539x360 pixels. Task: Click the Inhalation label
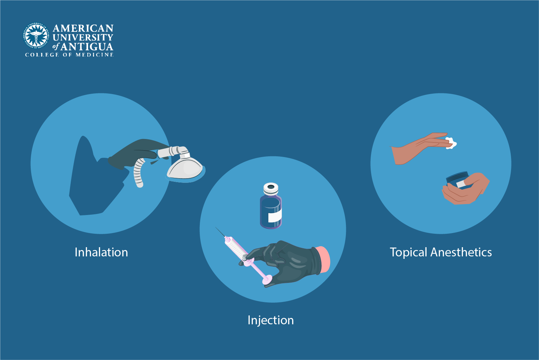point(101,252)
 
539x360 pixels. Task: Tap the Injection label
point(271,320)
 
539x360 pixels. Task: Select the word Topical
point(408,252)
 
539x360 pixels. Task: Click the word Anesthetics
point(461,252)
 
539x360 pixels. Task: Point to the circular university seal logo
point(36,36)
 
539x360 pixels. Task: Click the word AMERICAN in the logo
point(83,28)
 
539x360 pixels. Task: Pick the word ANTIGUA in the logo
point(87,47)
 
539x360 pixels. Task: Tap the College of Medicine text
point(69,55)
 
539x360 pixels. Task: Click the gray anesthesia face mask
point(185,168)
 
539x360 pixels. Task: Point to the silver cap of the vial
point(271,188)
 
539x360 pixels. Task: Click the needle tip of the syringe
point(216,228)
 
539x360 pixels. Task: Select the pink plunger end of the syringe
point(267,280)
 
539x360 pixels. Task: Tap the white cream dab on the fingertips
point(451,143)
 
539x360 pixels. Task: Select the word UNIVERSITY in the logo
point(83,37)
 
